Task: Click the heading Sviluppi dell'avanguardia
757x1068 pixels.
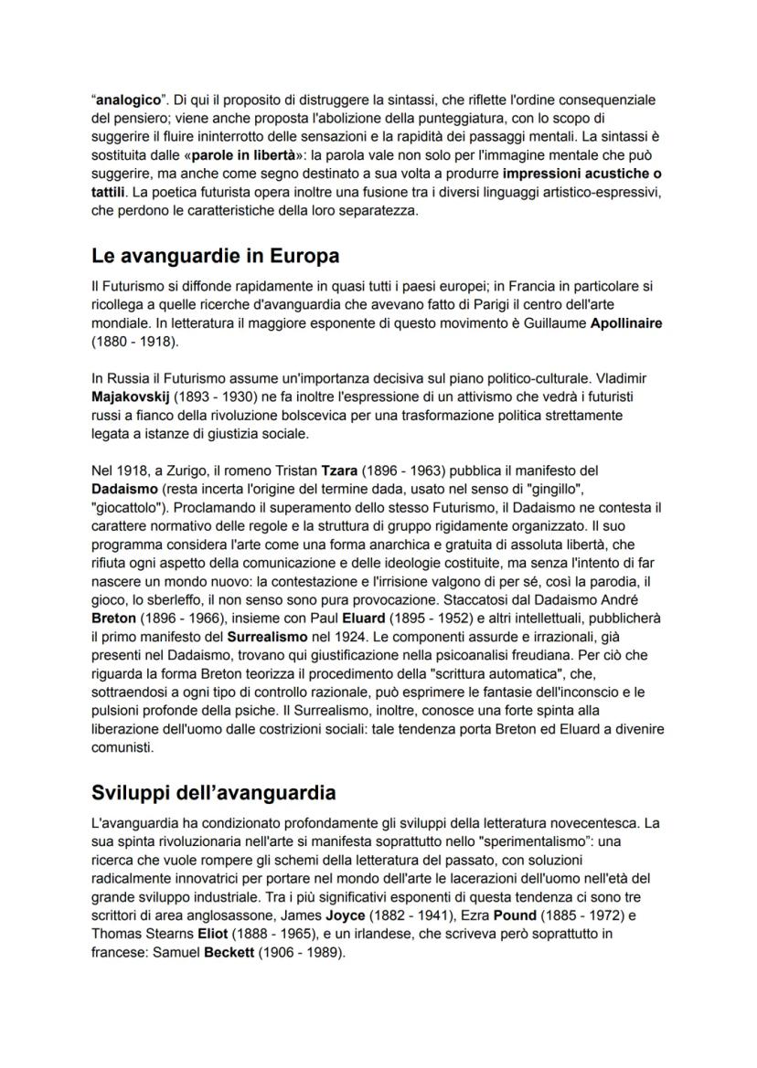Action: tap(214, 790)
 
